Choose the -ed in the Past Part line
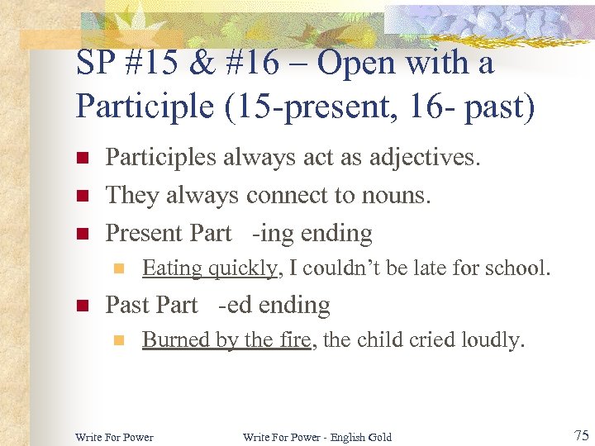tap(236, 306)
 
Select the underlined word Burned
tap(171, 339)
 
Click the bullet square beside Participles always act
tap(81, 158)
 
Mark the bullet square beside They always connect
tap(81, 196)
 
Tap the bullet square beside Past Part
tap(81, 306)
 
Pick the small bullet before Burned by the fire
tap(118, 340)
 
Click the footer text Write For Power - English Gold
tap(317, 437)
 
